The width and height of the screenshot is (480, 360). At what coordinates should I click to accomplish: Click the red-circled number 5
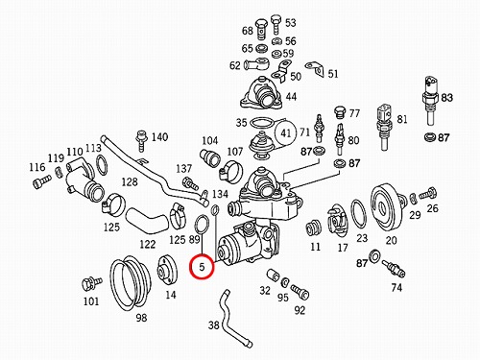[x=202, y=267]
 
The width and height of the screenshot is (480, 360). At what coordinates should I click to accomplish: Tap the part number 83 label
[x=447, y=97]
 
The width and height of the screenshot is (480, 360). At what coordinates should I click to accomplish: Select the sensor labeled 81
[x=384, y=127]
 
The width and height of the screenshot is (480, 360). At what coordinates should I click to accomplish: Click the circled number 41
[x=286, y=132]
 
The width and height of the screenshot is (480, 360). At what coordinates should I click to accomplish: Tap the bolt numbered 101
[x=91, y=283]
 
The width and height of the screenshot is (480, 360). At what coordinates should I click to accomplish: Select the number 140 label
[x=159, y=137]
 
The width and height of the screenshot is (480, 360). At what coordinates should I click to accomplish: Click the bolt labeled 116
[x=41, y=181]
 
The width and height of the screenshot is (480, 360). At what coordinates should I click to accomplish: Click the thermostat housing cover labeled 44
[x=261, y=92]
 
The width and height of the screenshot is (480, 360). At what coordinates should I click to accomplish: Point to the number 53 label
[x=291, y=23]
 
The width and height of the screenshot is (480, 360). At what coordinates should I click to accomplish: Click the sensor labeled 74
[x=394, y=268]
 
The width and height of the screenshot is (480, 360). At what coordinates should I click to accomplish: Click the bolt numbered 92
[x=300, y=292]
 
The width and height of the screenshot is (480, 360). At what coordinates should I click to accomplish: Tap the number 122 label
[x=148, y=245]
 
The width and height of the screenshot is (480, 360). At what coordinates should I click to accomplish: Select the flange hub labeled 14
[x=167, y=270]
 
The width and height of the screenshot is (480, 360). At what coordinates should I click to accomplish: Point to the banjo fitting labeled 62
[x=256, y=64]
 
